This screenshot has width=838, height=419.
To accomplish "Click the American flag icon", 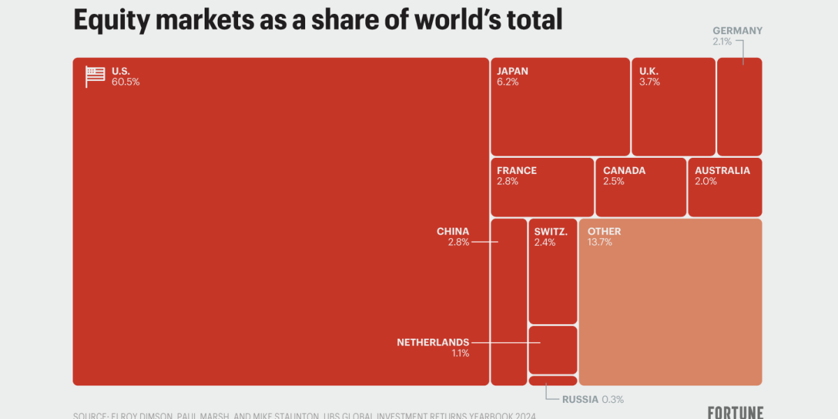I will tap(95, 76).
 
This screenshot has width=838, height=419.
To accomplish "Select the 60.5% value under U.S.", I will tap(126, 82).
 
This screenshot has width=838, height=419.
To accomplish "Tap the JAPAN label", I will tap(513, 71).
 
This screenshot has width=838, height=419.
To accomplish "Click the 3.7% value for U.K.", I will tap(649, 82).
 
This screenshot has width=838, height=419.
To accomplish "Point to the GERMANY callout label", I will tap(737, 31).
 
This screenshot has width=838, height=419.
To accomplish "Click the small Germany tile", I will tap(740, 106).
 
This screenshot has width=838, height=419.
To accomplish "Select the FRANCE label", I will tap(517, 170).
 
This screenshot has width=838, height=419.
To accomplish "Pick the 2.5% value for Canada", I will tap(614, 182).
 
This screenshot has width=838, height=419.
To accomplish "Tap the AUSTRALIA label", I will tap(722, 170).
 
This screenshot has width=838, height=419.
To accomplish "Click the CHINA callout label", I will tap(453, 231).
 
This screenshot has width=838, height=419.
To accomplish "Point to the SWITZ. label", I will tap(550, 231).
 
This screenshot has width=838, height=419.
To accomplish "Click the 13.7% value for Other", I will tap(600, 242).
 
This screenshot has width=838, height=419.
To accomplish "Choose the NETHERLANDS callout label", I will tap(433, 342).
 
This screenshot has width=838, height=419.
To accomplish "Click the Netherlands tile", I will tap(552, 350).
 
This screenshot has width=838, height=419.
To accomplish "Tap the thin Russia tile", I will tap(552, 381).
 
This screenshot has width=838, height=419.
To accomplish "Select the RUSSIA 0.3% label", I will tap(592, 399).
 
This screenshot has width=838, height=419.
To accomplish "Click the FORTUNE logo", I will tap(735, 412).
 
